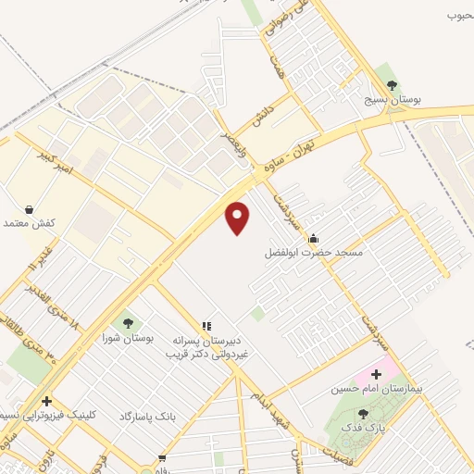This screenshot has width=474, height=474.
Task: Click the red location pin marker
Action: point(238,218)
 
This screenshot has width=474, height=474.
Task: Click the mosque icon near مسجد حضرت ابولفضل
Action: point(313,237)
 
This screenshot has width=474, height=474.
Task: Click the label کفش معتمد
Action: point(31,224)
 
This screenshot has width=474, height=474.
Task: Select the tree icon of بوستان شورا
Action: point(128,323)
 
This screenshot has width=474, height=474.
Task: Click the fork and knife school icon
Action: point(206,326)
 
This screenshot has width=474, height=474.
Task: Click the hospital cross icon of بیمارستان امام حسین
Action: point(375,375)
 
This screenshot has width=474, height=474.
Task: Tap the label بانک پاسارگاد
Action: point(146,417)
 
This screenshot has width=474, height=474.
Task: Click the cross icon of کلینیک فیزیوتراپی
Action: point(45,401)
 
